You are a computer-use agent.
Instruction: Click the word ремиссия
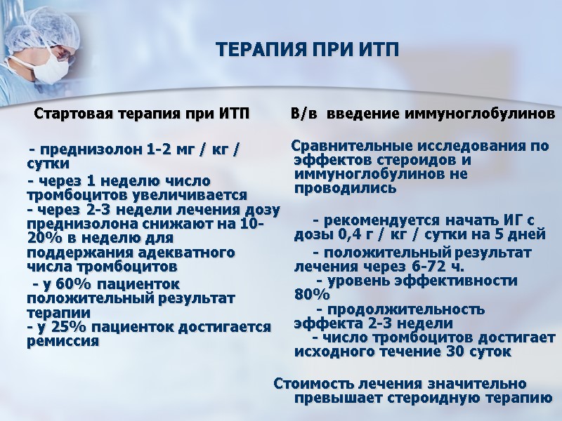point(63,342)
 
